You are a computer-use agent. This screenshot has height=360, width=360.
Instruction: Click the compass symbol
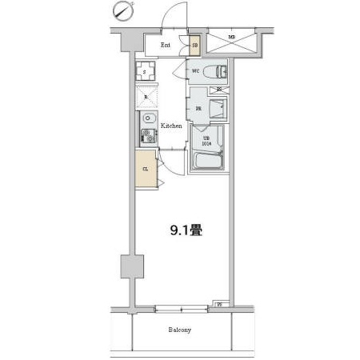[x=122, y=10]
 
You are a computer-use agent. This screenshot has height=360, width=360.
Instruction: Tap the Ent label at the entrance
[x=166, y=45]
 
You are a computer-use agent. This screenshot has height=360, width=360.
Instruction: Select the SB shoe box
[x=194, y=45]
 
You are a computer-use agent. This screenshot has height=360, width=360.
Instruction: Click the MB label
[x=231, y=38]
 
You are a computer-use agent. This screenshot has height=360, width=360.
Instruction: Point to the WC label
[x=195, y=71]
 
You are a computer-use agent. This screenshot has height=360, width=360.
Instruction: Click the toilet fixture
[x=218, y=72]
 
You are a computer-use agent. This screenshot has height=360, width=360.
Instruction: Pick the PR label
[x=197, y=108]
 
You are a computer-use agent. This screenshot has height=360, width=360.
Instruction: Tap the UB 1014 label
[x=206, y=141]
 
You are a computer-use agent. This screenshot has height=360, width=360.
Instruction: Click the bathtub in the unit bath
[x=207, y=163]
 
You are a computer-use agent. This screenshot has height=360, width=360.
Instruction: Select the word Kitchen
[x=171, y=126]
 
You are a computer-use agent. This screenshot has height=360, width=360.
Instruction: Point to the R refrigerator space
[x=145, y=98]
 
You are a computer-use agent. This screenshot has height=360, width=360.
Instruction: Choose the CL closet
[x=146, y=169]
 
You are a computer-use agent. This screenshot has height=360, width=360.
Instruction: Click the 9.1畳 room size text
[x=184, y=232]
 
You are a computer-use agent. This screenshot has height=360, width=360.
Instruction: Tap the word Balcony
[x=179, y=329]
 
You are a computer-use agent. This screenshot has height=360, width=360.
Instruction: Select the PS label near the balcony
[x=220, y=304]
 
